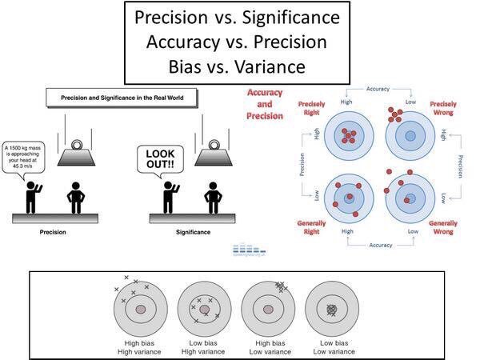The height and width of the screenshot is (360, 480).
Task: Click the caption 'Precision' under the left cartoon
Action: point(53,232)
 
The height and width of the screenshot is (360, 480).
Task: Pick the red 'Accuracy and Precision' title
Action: point(264,104)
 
